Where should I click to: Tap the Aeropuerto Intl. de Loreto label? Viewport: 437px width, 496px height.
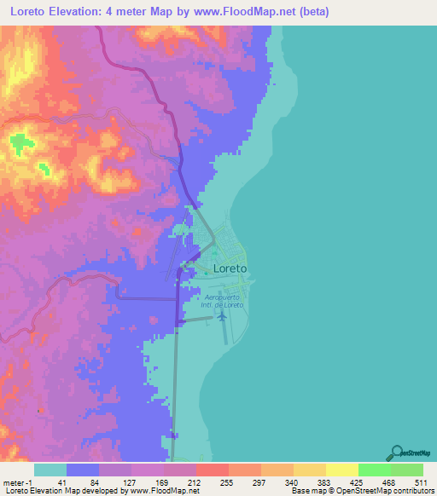point(224,300)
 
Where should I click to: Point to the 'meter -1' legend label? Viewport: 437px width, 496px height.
point(15,482)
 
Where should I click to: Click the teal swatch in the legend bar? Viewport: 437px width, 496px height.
point(50,470)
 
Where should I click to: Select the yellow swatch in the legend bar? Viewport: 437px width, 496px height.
point(341,470)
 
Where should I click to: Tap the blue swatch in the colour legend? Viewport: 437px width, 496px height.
point(83,470)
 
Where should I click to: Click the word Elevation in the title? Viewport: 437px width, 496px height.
point(76,12)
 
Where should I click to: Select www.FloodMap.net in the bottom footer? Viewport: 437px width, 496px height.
point(163,491)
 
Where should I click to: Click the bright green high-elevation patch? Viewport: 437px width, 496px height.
point(20,142)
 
